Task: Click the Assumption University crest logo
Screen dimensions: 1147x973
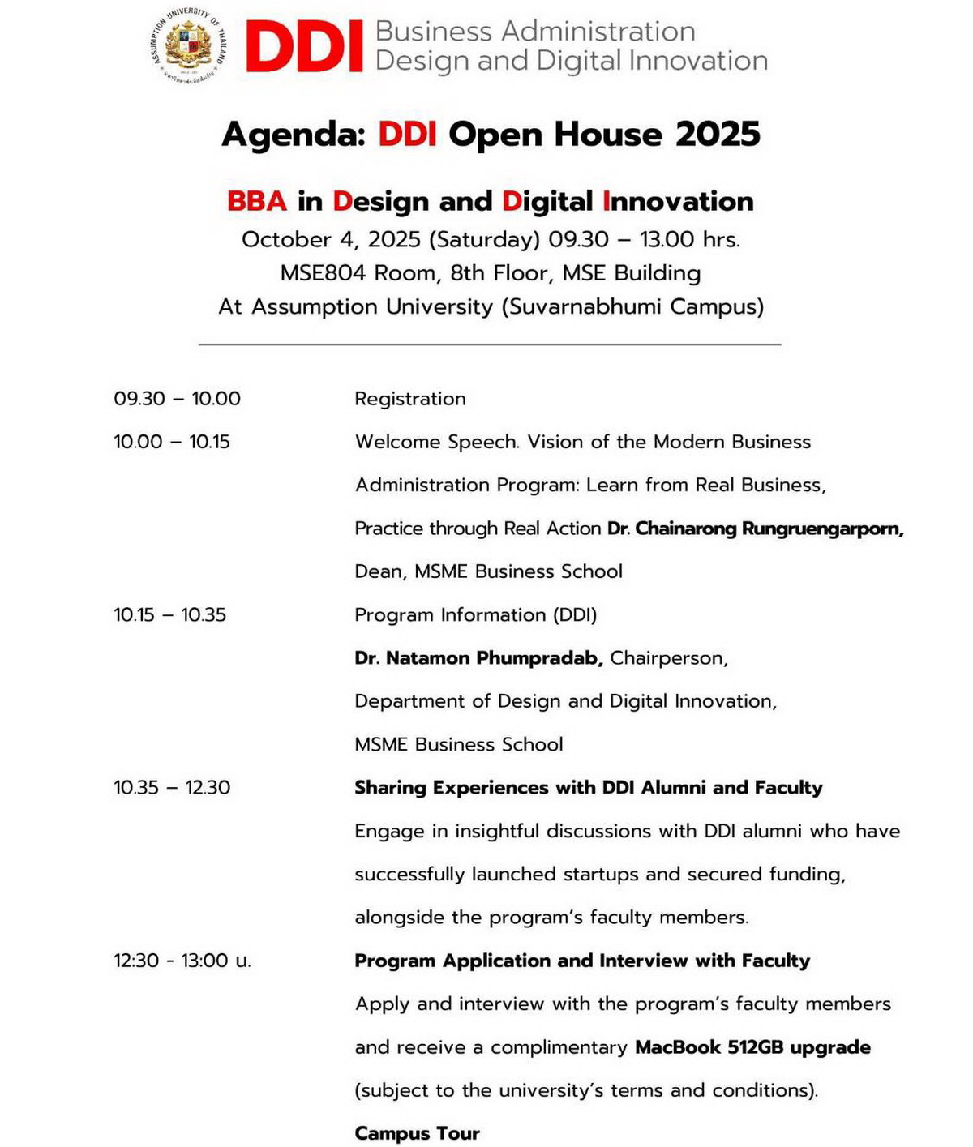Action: tap(188, 46)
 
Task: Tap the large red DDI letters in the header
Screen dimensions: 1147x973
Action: tap(304, 48)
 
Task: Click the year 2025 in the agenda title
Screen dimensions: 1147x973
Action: tap(718, 135)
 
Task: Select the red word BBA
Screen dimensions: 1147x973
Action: tap(257, 201)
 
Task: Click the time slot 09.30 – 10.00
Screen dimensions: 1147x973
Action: tap(177, 399)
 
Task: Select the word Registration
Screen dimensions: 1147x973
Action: tap(410, 399)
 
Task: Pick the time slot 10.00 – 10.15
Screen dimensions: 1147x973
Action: tap(172, 442)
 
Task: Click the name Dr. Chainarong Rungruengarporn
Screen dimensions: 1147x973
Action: tap(755, 529)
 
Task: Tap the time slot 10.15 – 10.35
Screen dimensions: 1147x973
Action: tap(169, 615)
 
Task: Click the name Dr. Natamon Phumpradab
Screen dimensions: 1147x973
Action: tap(478, 658)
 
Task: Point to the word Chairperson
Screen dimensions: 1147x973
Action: tap(668, 658)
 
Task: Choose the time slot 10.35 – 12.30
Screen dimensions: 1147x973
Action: tap(172, 788)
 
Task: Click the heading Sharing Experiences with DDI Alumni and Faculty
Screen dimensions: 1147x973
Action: tap(588, 788)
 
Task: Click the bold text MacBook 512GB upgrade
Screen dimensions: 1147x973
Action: tap(752, 1047)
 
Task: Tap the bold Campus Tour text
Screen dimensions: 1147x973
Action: tap(417, 1133)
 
